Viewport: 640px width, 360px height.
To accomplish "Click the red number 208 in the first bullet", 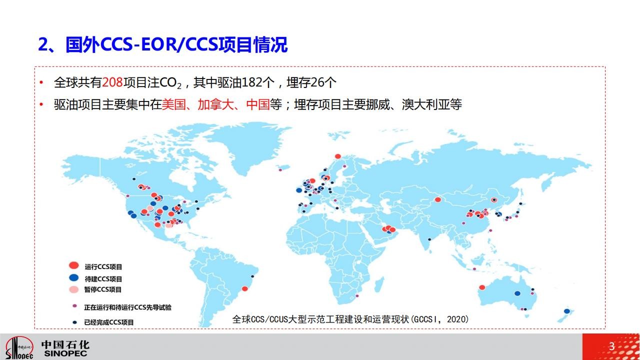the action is [112, 82].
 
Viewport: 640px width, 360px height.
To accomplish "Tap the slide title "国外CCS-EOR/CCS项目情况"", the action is [176, 44].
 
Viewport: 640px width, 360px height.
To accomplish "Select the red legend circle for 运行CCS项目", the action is [73, 265].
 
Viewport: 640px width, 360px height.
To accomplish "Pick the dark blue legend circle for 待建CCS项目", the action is [73, 277].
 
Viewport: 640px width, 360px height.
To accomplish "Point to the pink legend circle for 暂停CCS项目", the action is [73, 289].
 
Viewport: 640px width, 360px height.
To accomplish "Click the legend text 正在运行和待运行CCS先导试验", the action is [127, 307].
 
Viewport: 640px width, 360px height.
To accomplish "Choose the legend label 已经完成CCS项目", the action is [109, 322].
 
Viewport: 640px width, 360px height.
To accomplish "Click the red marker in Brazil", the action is [245, 288].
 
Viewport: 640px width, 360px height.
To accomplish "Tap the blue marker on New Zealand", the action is [567, 311].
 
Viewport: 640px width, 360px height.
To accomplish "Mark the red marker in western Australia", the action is [482, 287].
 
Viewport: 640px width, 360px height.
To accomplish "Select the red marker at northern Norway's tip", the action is [337, 156].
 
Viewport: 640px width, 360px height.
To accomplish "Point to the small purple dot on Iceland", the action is [280, 170].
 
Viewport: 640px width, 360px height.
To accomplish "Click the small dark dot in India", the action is [429, 239].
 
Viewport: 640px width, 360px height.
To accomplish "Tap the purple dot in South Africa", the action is [356, 296].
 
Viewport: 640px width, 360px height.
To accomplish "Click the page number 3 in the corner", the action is [611, 346].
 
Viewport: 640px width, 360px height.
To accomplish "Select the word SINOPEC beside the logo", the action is [65, 353].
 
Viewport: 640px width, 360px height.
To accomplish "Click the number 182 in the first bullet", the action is [252, 82].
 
